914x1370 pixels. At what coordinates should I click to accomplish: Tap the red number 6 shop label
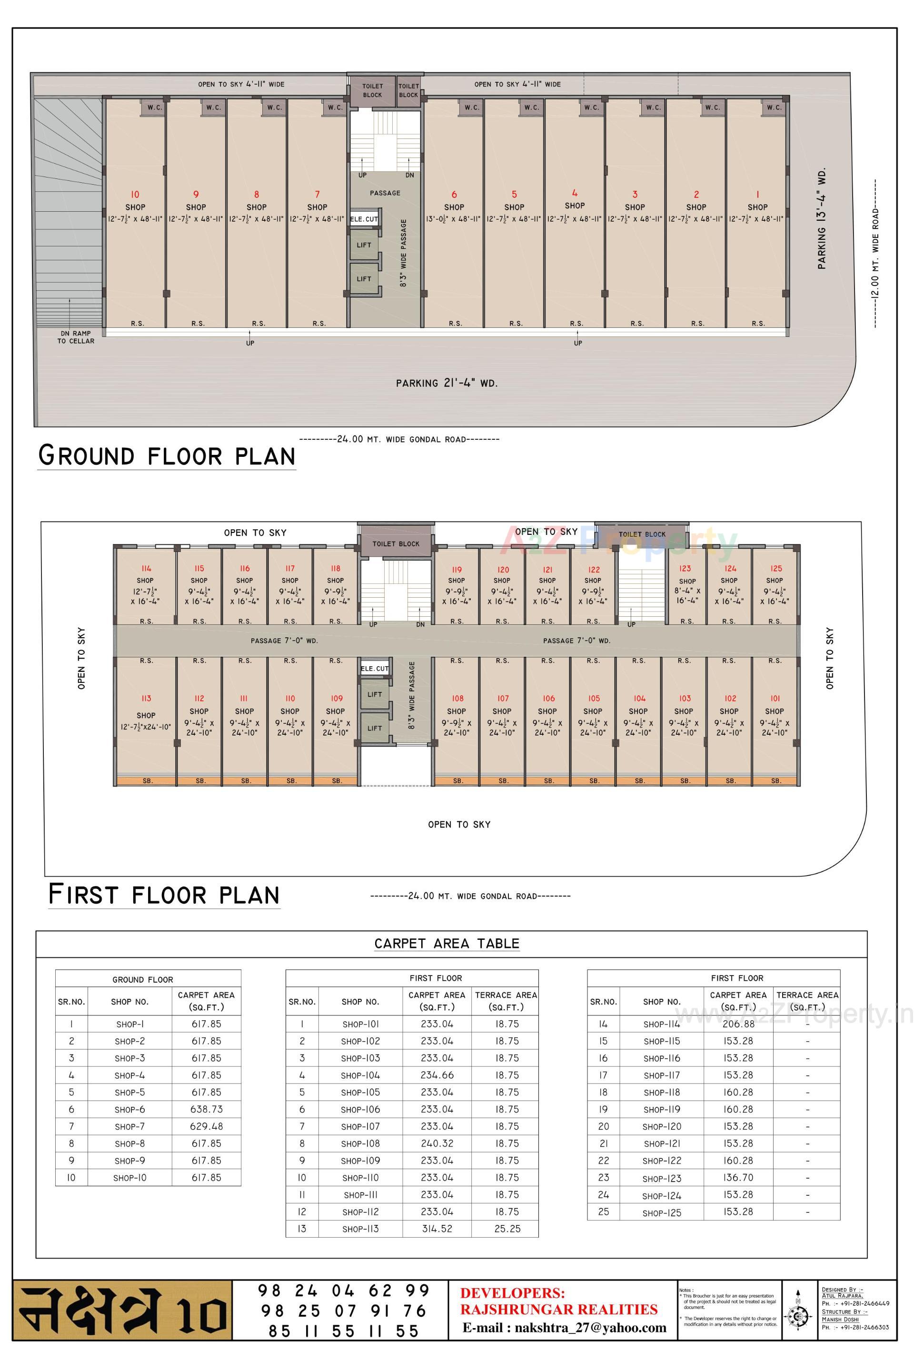click(454, 195)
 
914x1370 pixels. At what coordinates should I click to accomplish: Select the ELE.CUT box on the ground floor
click(364, 219)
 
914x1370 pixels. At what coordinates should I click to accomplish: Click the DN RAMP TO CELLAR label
click(75, 337)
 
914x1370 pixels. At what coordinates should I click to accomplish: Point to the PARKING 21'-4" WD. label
click(447, 383)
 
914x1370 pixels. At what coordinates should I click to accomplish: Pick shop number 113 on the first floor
click(146, 698)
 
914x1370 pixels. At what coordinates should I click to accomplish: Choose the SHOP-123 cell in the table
click(662, 1178)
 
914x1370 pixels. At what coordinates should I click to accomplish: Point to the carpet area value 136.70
click(738, 1177)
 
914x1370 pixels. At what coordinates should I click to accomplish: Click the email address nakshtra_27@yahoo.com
click(564, 1328)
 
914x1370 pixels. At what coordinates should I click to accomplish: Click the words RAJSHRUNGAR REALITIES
click(559, 1310)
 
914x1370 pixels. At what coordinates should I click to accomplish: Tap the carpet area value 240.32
click(437, 1143)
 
